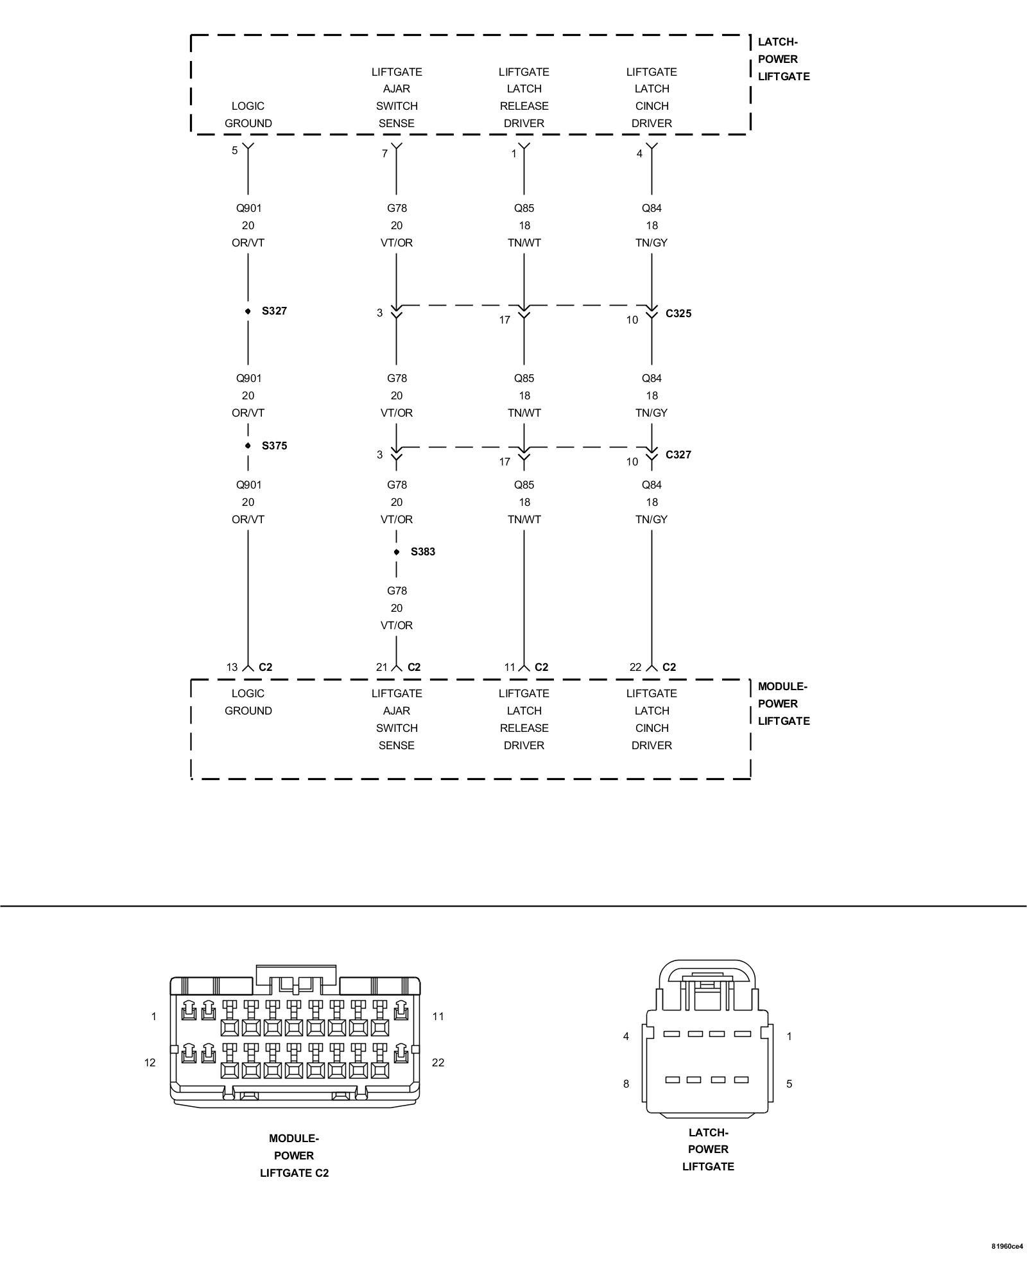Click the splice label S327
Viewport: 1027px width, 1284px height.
274,311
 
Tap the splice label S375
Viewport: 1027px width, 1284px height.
274,446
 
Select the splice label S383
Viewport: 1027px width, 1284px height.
423,551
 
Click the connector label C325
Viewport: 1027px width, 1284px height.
678,313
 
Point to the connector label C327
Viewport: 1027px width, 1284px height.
678,455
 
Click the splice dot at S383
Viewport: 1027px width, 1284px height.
397,552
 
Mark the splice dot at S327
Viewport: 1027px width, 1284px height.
248,311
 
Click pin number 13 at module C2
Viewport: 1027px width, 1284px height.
232,667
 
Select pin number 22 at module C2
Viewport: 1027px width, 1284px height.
635,667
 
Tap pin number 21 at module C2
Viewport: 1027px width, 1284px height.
382,667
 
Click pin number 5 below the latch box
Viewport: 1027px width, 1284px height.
235,150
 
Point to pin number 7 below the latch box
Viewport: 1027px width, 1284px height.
384,153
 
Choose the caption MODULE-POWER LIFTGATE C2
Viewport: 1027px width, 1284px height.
294,1156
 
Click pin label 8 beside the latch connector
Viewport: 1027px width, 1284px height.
626,1084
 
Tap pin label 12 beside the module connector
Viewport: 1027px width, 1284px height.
150,1063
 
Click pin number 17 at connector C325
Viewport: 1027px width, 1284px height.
505,320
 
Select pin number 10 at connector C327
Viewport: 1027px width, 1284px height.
632,462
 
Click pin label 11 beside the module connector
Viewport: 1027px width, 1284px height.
438,1016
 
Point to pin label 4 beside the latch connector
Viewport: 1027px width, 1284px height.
626,1036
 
